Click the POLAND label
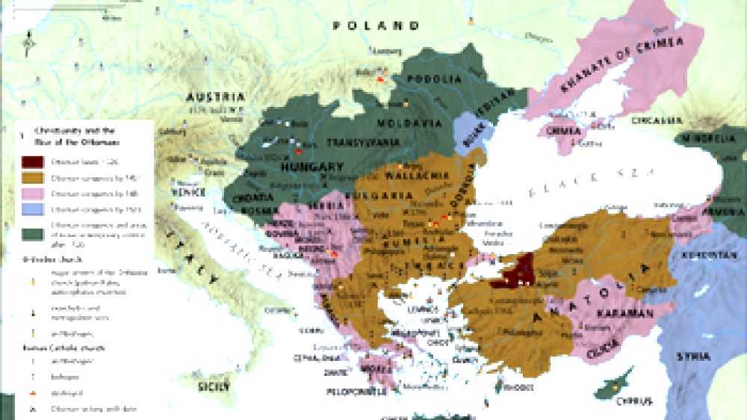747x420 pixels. [x=376, y=25]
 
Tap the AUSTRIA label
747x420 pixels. [x=216, y=98]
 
